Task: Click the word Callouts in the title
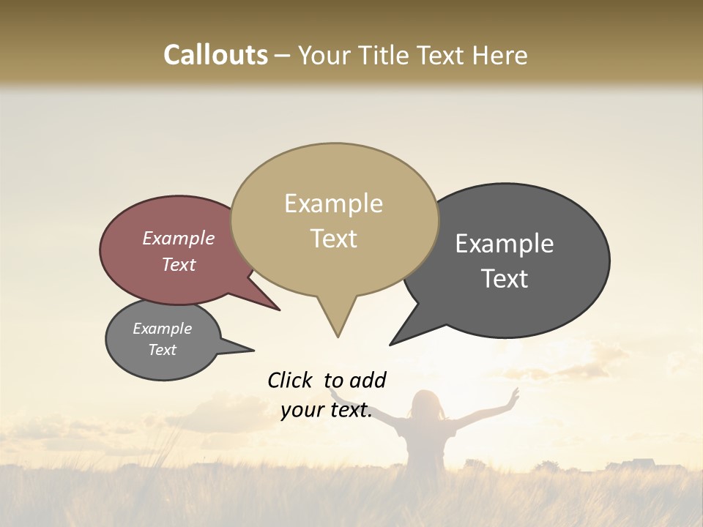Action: [215, 55]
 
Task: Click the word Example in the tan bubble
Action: [333, 203]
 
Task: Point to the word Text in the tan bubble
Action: [333, 239]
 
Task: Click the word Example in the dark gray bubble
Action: [505, 244]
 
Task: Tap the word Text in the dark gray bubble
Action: [505, 279]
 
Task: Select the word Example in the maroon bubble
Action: [178, 239]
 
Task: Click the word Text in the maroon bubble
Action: [178, 264]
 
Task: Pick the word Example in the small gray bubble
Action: [162, 329]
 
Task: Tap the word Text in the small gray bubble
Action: [162, 350]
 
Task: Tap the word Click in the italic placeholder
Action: [291, 380]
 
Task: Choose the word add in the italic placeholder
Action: [368, 380]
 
